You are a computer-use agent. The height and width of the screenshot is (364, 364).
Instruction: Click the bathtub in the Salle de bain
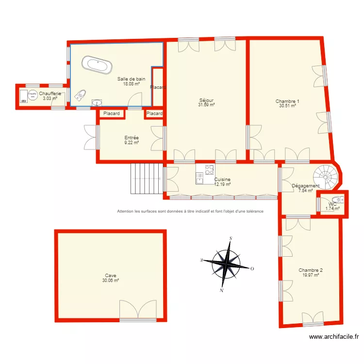tap(97, 65)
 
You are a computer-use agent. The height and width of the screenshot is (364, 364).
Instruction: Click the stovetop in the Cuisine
tap(210, 170)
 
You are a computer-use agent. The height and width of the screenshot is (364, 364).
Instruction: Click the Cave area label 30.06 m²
tap(111, 281)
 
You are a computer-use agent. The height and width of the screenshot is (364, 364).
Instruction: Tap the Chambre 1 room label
tap(287, 101)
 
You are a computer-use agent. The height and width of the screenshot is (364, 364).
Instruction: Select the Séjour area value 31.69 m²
tap(206, 104)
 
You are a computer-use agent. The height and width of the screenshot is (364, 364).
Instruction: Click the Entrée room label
tap(132, 138)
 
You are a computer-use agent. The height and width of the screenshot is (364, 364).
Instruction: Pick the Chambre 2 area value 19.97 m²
tap(311, 275)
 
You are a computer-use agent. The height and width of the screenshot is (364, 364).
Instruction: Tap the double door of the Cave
tap(138, 311)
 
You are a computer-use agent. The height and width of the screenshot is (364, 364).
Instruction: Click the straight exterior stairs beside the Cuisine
tap(146, 179)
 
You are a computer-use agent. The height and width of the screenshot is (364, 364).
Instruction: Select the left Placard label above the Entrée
tap(112, 114)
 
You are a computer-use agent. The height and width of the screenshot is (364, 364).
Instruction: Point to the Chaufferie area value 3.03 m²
tap(50, 98)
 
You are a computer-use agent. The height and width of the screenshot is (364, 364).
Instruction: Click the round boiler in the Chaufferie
tap(33, 94)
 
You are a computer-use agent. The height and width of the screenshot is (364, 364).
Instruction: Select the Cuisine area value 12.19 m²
tap(222, 184)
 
